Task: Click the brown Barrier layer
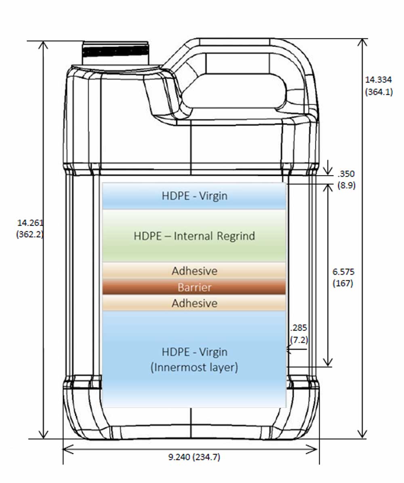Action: point(194,287)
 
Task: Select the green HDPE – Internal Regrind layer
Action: point(194,236)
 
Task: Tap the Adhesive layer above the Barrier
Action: point(194,271)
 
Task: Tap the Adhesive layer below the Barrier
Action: point(194,303)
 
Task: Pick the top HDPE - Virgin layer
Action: point(194,196)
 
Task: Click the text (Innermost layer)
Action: point(194,368)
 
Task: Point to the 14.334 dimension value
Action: point(379,80)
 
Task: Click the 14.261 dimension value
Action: point(30,223)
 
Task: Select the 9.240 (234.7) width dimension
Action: point(194,458)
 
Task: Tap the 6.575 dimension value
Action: point(343,272)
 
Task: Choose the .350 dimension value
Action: point(346,174)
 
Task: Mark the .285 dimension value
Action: point(299,328)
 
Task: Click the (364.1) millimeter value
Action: point(379,92)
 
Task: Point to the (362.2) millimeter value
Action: point(30,235)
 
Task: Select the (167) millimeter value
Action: point(343,283)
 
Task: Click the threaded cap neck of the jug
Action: point(115,52)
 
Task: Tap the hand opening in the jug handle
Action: point(234,91)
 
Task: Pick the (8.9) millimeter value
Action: point(346,186)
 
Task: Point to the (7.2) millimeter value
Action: point(299,340)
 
